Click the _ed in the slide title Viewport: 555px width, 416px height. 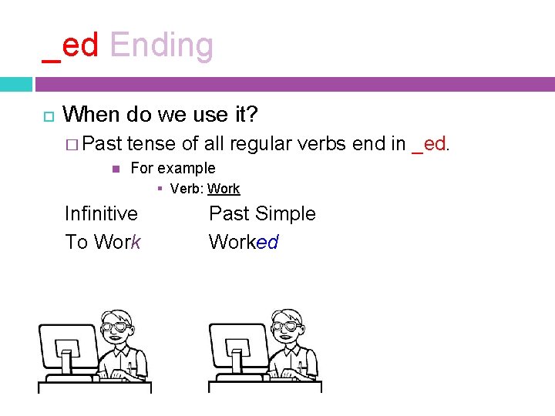(71, 46)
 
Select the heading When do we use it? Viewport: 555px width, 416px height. (160, 115)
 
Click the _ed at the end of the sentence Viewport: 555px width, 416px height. (429, 144)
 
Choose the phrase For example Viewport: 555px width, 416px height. (173, 168)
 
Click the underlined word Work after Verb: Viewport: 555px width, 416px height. (224, 189)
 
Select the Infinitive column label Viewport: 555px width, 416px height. (101, 213)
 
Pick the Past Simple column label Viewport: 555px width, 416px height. (262, 213)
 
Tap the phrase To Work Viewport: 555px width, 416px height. (103, 242)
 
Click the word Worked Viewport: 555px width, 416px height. (243, 242)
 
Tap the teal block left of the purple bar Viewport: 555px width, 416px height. (15, 84)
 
